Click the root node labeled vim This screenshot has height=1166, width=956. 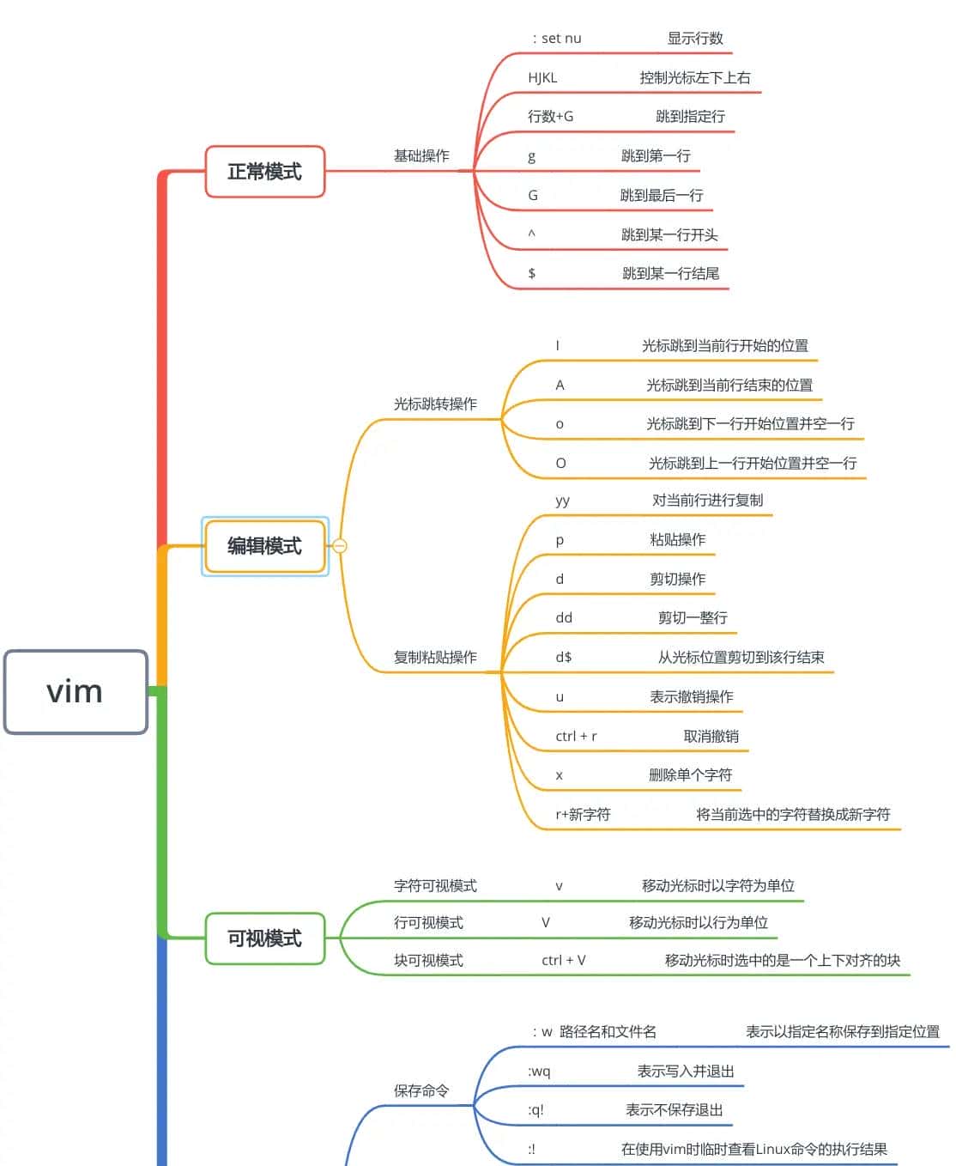(x=76, y=692)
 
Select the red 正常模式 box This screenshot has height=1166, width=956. (x=264, y=172)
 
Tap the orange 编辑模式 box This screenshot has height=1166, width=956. (x=264, y=546)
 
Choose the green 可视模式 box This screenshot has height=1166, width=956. (x=264, y=938)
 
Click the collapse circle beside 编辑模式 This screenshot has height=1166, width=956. (x=340, y=546)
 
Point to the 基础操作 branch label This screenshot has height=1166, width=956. (x=421, y=156)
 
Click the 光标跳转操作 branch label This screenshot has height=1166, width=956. (x=435, y=404)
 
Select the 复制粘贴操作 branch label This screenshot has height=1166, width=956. (x=435, y=658)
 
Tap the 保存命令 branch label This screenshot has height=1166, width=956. (x=421, y=1091)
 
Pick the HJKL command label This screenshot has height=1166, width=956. (x=542, y=78)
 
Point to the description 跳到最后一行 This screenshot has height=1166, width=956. (x=662, y=196)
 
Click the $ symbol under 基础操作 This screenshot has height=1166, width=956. (x=532, y=274)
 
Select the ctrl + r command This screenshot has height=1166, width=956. (x=576, y=737)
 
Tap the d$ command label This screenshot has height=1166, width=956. (x=563, y=658)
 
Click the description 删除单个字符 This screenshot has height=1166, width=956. (x=690, y=775)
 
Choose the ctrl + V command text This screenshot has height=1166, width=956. (x=564, y=961)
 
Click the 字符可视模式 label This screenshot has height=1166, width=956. (x=435, y=886)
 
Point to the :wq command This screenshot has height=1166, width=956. (x=539, y=1072)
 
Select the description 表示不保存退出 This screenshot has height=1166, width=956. (x=674, y=1110)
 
